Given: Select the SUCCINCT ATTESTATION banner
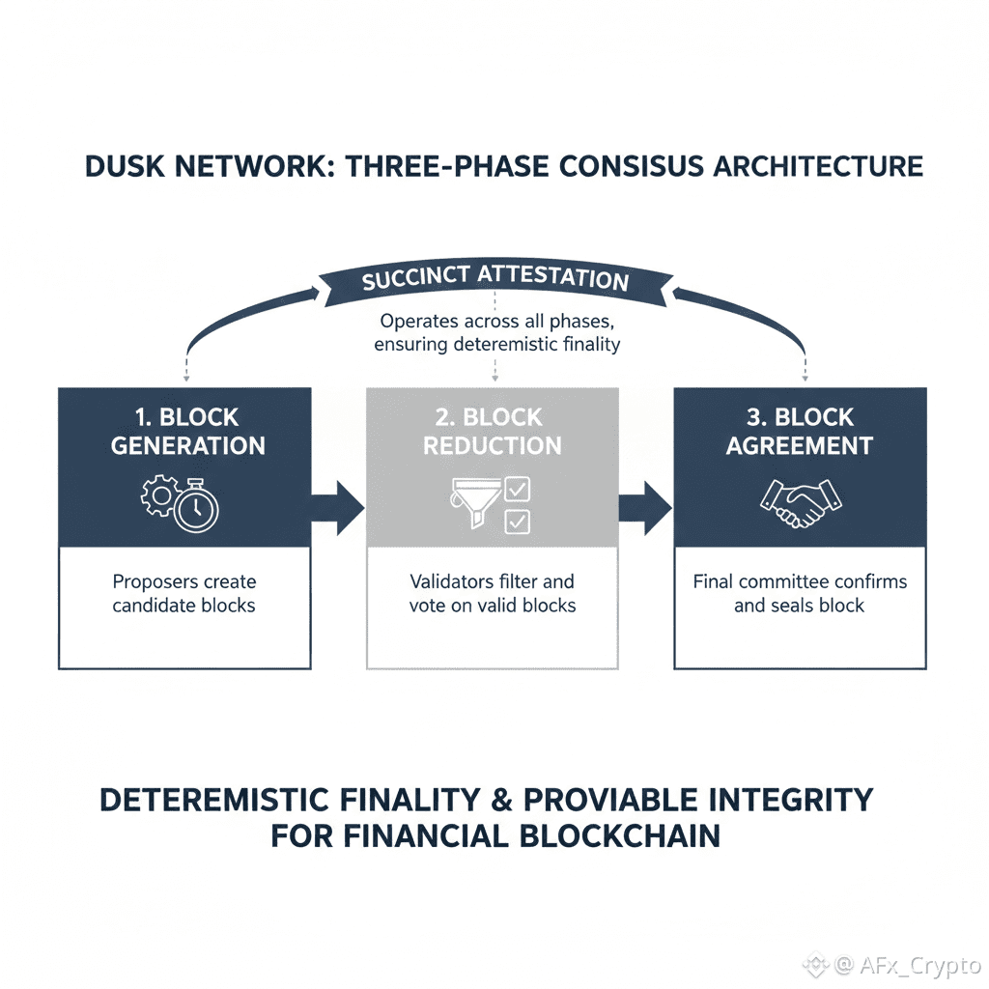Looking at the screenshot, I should tap(494, 279).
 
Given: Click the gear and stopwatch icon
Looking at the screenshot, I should tap(182, 502).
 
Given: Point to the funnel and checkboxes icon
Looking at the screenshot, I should tap(491, 503).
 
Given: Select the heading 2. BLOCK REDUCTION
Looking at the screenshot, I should tap(493, 432).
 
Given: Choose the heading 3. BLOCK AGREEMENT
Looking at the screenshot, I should tap(800, 432).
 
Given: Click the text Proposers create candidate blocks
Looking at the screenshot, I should tap(184, 594).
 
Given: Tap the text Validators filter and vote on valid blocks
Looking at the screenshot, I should tap(493, 594).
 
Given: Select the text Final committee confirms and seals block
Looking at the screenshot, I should tap(800, 594).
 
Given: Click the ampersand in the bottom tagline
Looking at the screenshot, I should tap(500, 800).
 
